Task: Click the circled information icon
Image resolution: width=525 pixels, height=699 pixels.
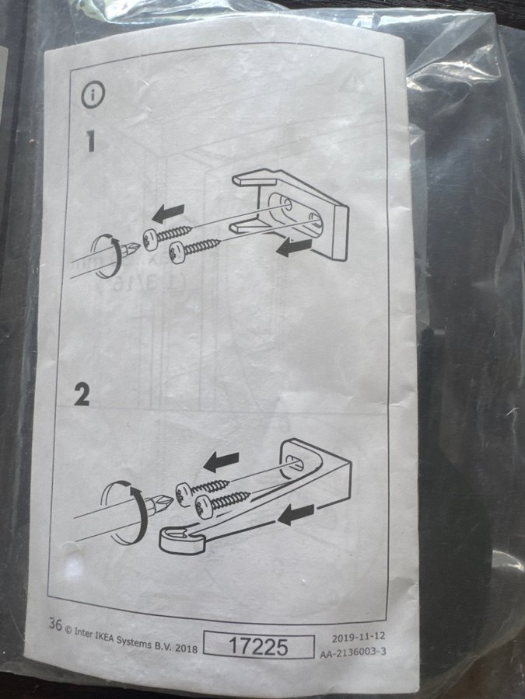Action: (x=93, y=95)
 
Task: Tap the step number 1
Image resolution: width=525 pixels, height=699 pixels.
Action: (x=90, y=141)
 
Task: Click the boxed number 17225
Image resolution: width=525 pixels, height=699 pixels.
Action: (x=258, y=645)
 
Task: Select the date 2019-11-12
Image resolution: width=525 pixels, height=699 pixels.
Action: (x=358, y=637)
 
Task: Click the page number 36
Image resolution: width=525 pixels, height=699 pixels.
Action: (x=55, y=624)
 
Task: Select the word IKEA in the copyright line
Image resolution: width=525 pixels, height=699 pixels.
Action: (x=104, y=637)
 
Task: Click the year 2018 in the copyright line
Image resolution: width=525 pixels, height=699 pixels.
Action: (x=186, y=648)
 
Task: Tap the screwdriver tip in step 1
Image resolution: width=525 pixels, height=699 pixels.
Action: (x=134, y=245)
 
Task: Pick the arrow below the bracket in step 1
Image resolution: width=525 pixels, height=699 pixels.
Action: (x=294, y=248)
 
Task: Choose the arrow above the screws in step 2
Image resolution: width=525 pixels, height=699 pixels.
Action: (x=221, y=462)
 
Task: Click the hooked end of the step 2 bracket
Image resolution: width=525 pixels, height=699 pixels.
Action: (x=182, y=540)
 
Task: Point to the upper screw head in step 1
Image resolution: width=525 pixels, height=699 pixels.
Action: (x=150, y=238)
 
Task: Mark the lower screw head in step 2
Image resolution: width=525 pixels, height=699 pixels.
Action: (x=205, y=506)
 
